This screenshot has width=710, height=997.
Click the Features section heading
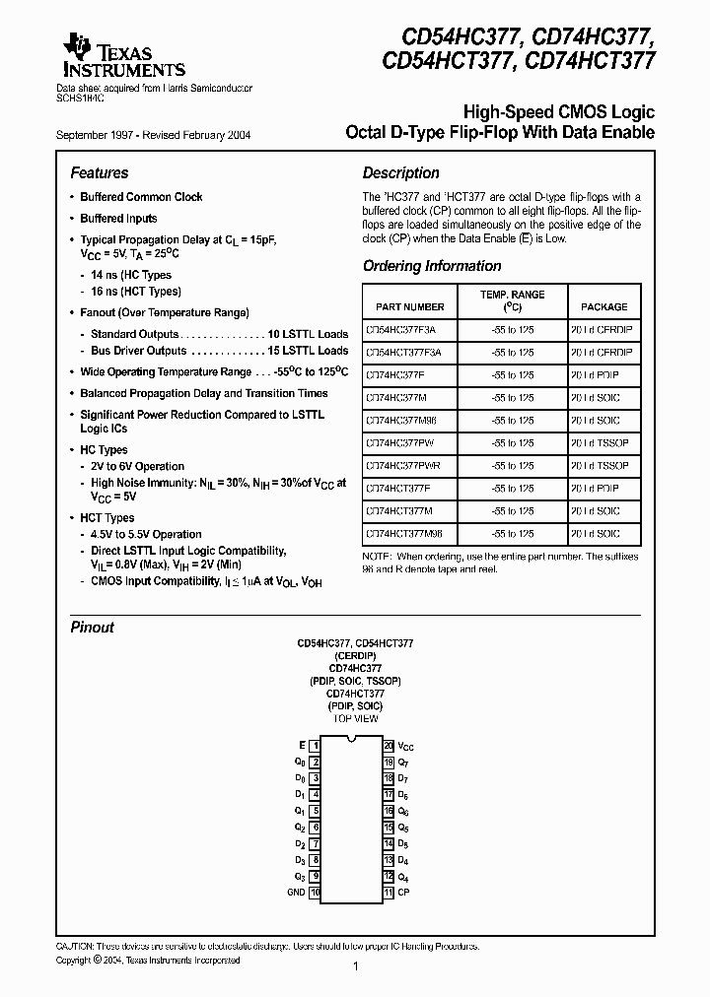[x=100, y=172]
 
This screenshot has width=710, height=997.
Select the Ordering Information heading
[x=432, y=266]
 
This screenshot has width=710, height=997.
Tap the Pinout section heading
[x=93, y=628]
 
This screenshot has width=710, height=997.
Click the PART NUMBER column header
[x=404, y=306]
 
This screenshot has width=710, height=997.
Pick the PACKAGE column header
[x=603, y=306]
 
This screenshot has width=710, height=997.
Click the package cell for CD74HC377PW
[x=601, y=442]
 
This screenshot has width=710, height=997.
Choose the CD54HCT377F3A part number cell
[x=403, y=352]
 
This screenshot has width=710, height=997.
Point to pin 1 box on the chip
[x=315, y=747]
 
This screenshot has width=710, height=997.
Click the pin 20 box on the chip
[x=389, y=747]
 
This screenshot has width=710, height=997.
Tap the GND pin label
[x=296, y=893]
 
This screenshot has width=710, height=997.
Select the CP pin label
[x=403, y=893]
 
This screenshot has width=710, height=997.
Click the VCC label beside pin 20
[x=406, y=747]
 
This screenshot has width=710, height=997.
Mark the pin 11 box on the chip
[x=389, y=893]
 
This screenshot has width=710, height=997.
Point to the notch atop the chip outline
[x=352, y=741]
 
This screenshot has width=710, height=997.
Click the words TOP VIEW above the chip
[x=354, y=719]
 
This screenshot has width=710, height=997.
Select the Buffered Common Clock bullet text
[x=141, y=197]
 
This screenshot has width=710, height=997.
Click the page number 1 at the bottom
[x=355, y=967]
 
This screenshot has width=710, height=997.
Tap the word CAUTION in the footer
[x=76, y=945]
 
